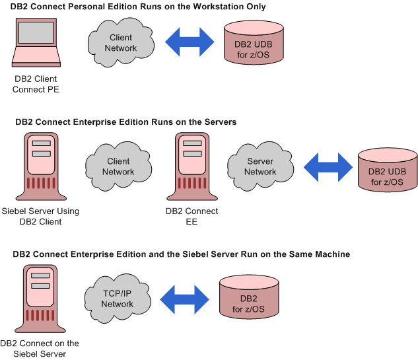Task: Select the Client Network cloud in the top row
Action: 121,43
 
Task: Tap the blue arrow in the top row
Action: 190,43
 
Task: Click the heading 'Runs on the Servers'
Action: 125,122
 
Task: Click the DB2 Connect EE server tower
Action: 192,169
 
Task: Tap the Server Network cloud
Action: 260,166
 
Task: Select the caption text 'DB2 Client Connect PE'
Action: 36,85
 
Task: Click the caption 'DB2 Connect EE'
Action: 192,217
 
